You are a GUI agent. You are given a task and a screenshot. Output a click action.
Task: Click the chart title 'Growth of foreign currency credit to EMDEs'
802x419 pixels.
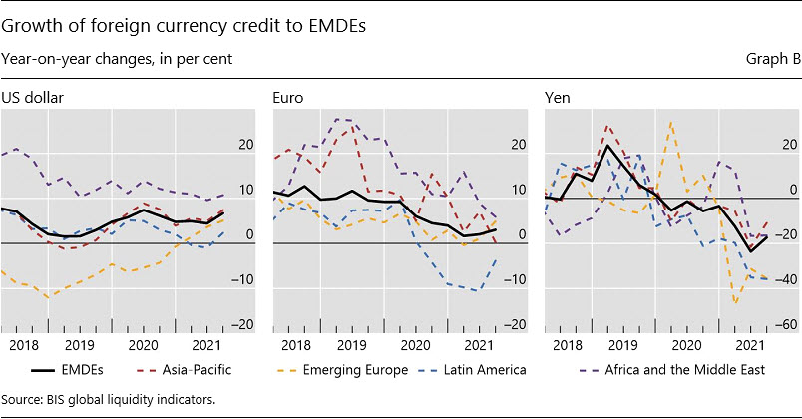pos(185,26)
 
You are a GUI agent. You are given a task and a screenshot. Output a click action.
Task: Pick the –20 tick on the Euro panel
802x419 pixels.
pos(511,324)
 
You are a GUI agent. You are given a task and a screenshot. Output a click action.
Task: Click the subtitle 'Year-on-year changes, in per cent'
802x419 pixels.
pos(118,59)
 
